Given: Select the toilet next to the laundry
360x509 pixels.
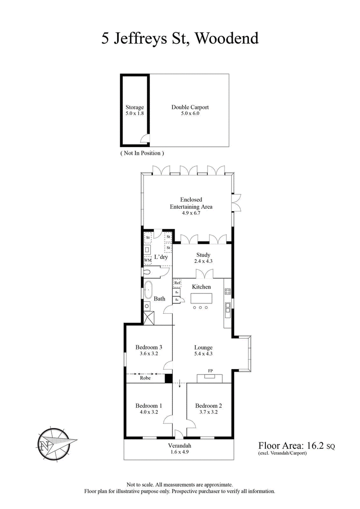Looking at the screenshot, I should [x=148, y=272].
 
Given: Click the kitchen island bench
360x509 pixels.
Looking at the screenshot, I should [x=201, y=298].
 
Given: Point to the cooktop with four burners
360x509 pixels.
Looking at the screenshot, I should [x=227, y=291].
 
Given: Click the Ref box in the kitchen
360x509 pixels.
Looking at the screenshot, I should [x=177, y=283].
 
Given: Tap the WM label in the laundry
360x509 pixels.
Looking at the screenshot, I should [x=148, y=260].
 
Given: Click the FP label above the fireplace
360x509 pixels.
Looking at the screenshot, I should [x=210, y=371].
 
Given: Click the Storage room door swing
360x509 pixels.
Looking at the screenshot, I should [x=145, y=140].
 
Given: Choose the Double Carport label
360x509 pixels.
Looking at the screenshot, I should [x=190, y=107].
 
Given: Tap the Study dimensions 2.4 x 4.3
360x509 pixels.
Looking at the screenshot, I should [x=203, y=261].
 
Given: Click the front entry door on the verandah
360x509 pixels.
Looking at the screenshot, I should [x=179, y=434].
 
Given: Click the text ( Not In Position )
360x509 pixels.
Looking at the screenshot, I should [x=142, y=153].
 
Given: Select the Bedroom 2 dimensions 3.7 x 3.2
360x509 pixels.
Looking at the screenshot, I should [x=209, y=412].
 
